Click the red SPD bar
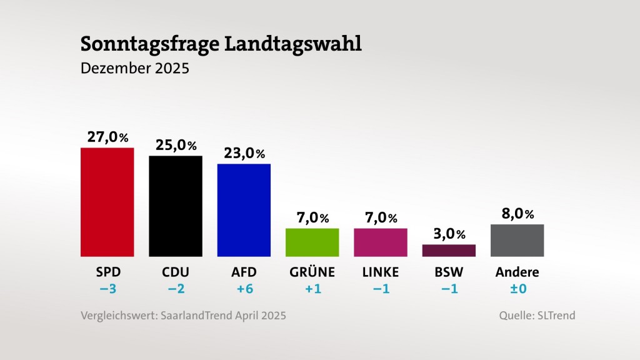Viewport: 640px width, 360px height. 107,202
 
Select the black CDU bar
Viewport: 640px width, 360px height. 175,206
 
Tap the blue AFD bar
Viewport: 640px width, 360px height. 244,210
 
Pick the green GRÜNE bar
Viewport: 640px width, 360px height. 312,242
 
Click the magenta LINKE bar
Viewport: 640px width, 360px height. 380,242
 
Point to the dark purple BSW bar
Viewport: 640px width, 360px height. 449,250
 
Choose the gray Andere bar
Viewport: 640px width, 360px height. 517,240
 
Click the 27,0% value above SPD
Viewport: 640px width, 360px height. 107,137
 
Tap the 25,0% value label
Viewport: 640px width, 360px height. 175,145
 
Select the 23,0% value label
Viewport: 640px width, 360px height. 244,153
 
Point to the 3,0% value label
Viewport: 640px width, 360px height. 449,234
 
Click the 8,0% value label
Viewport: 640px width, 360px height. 517,214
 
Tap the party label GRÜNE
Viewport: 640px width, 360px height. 312,272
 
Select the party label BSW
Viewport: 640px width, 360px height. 449,272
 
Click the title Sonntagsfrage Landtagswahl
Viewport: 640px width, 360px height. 221,44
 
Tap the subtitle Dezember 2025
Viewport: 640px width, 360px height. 134,67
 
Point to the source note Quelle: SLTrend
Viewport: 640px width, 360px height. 537,316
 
